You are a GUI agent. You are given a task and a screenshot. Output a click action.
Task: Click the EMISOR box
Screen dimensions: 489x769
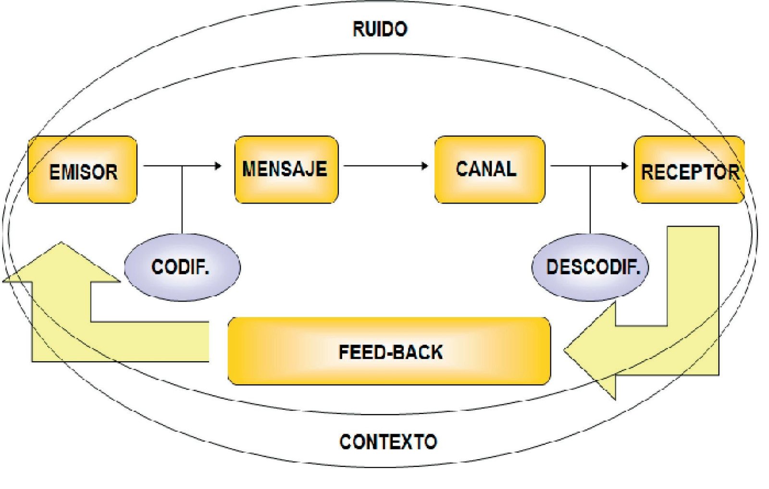82,170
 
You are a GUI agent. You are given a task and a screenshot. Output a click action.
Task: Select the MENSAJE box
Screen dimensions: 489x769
286,169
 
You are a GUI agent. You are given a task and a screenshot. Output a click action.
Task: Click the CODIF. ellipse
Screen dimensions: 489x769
182,267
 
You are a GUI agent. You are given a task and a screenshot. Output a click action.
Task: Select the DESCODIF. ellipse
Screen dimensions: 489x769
590,267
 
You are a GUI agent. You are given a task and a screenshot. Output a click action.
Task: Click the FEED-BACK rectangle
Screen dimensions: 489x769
389,351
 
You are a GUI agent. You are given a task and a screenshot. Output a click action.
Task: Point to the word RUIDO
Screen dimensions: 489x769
380,29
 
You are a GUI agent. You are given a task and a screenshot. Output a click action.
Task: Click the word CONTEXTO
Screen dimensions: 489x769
388,441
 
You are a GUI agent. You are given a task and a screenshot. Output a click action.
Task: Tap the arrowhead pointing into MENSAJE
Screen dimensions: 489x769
219,166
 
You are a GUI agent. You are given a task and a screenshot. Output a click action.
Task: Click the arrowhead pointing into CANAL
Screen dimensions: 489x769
425,166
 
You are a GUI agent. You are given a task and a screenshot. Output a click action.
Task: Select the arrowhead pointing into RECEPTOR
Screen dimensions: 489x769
625,166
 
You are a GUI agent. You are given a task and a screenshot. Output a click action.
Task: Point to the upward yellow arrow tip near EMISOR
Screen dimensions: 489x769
61,245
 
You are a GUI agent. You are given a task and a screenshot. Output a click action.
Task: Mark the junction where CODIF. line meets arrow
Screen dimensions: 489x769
182,166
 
